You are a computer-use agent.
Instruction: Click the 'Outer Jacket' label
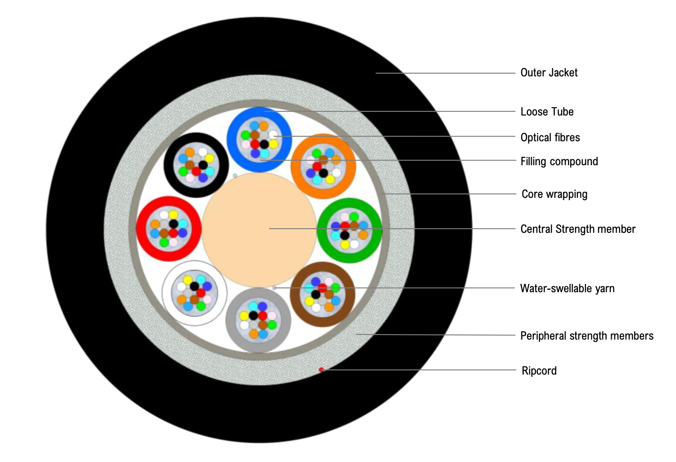point(549,73)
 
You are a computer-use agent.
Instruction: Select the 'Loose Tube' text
point(547,112)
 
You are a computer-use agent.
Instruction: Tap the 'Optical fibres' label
point(550,138)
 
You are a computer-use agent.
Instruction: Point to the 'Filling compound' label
point(559,162)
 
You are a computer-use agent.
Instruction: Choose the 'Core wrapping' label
point(554,194)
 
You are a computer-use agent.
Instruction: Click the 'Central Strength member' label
point(578,229)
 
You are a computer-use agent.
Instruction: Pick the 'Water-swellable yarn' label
point(567,289)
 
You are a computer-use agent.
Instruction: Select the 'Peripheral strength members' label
point(586,336)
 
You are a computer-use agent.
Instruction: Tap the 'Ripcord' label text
point(539,371)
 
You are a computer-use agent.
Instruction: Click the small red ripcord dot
point(321,370)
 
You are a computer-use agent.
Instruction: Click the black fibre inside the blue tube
point(264,144)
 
